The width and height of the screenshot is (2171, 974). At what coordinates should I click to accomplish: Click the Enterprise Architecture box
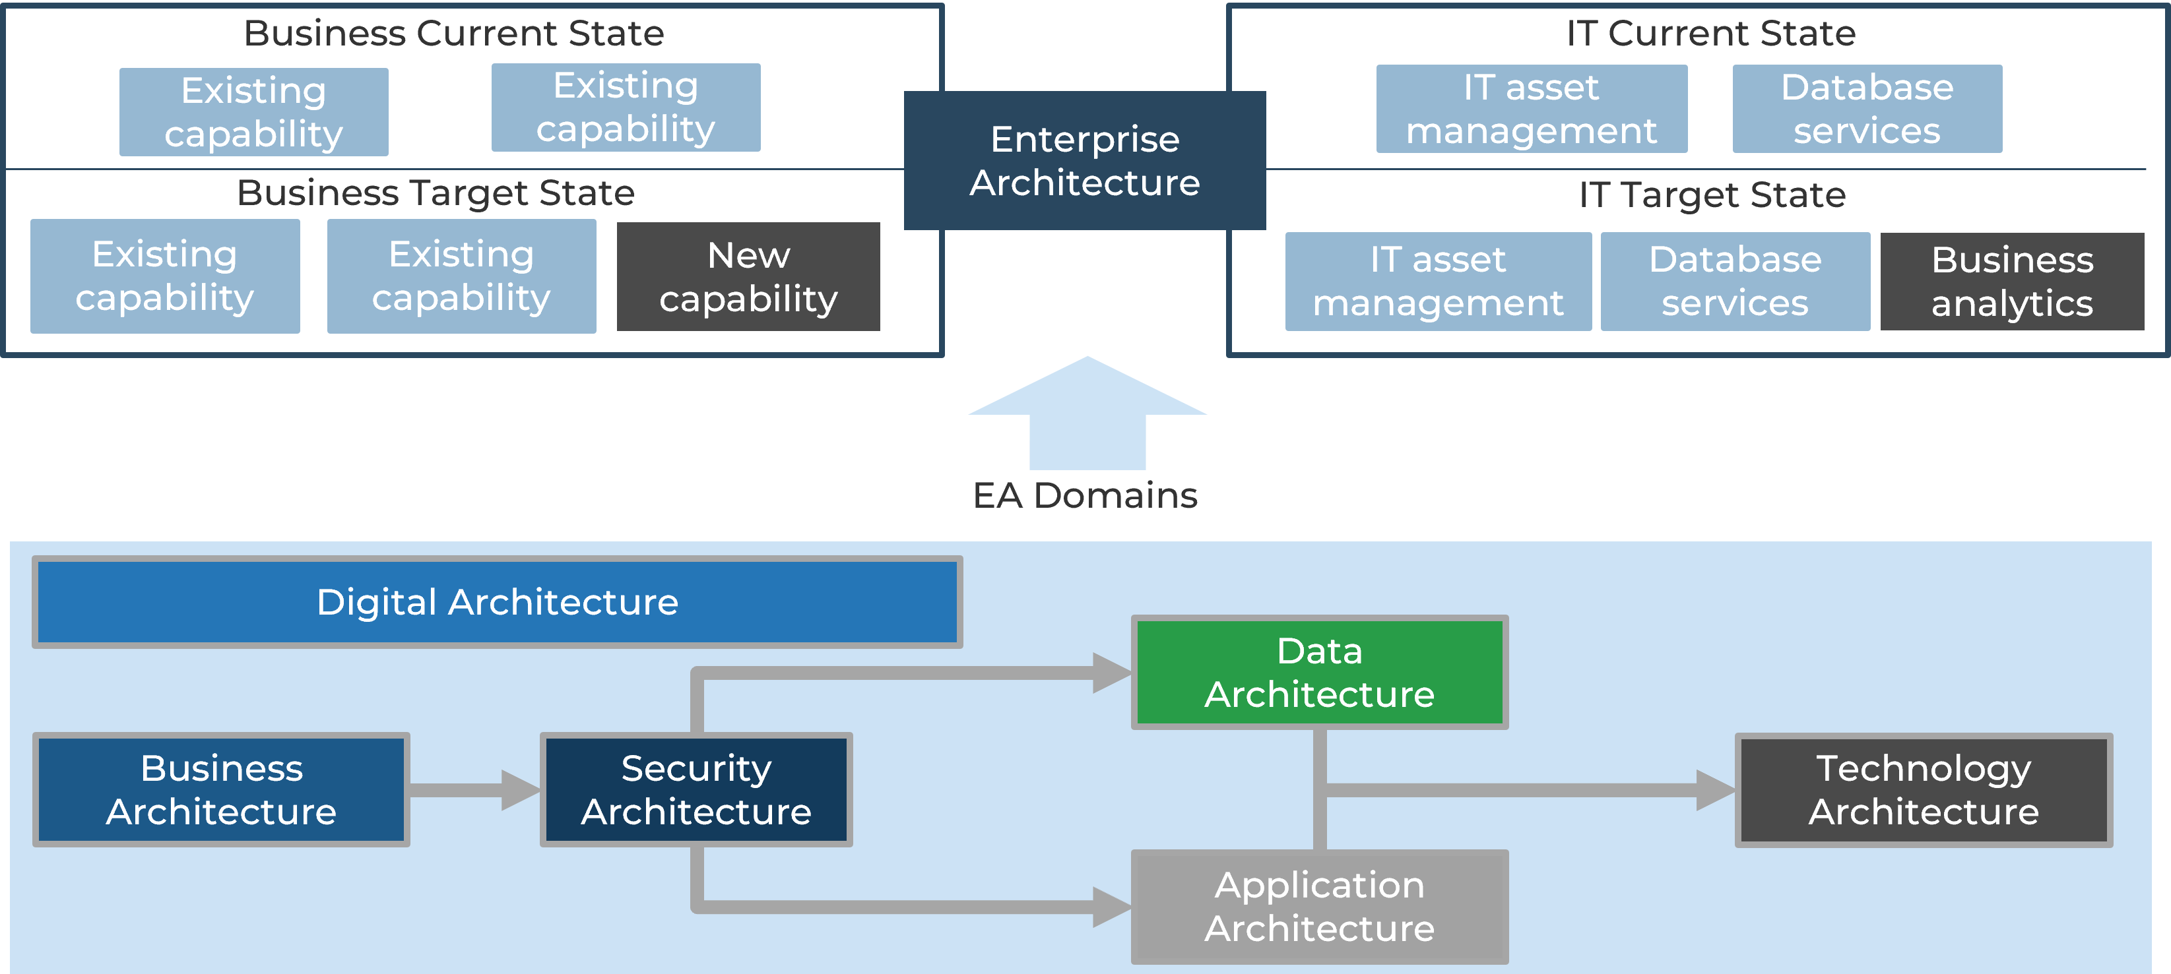tap(1085, 160)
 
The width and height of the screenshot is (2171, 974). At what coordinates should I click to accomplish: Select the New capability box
tap(748, 276)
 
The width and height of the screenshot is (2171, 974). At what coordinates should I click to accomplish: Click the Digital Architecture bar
tap(498, 601)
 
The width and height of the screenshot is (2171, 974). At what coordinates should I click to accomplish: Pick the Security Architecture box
tap(696, 789)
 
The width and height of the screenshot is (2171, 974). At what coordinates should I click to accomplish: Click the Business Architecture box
tap(221, 789)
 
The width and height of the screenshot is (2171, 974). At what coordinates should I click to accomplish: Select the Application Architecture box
tap(1319, 907)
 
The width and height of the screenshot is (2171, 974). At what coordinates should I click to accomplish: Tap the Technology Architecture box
tap(1924, 789)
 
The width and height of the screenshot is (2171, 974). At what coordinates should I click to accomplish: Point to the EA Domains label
tap(1085, 495)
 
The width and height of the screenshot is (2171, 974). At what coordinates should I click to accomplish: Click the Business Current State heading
tap(453, 34)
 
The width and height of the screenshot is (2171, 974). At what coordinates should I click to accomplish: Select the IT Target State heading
tap(1712, 195)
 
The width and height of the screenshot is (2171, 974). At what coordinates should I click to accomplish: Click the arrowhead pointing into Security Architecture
tap(519, 789)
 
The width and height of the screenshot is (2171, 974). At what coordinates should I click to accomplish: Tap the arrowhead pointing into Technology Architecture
tap(1714, 789)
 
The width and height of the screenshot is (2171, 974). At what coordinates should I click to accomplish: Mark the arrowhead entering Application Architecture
tap(1111, 907)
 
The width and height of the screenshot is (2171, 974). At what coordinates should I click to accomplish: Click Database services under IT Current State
tap(1867, 109)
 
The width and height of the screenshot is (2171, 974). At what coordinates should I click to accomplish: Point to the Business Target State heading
tap(436, 193)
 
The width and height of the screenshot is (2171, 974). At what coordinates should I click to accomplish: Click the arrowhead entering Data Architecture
tap(1111, 673)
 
